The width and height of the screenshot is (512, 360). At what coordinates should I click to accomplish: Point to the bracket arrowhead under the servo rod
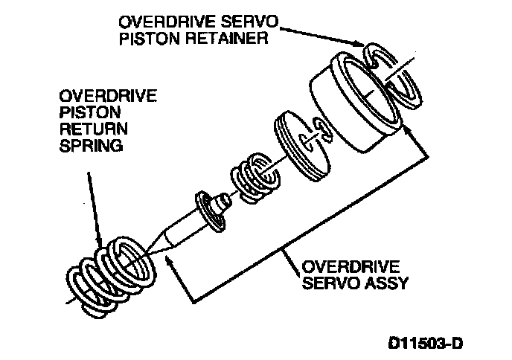(x=172, y=260)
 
